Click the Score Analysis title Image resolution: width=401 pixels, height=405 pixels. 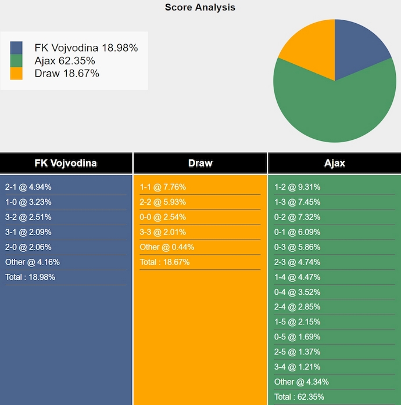pos(200,8)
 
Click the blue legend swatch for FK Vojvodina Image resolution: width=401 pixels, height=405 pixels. pos(16,48)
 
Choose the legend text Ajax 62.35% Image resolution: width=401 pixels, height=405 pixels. pos(65,61)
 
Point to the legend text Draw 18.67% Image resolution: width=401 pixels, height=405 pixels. pos(67,73)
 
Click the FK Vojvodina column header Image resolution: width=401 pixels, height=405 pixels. pos(66,163)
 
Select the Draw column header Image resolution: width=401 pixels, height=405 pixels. pos(200,163)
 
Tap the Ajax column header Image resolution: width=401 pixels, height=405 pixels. pos(334,163)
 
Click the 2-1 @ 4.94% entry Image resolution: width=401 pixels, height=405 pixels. pos(28,187)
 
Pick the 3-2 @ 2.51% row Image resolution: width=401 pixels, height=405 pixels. pos(28,217)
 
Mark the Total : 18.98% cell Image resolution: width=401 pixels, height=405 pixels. pos(30,277)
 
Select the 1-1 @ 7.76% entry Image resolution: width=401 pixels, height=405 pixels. pos(163,187)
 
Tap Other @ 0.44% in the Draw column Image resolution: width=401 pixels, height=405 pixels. pos(167,247)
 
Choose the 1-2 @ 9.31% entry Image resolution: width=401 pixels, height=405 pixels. pos(298,187)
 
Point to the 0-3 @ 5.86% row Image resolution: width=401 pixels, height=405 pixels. pos(298,247)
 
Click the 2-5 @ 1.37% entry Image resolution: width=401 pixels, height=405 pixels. pos(298,352)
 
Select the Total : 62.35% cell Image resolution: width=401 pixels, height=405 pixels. pos(299,397)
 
